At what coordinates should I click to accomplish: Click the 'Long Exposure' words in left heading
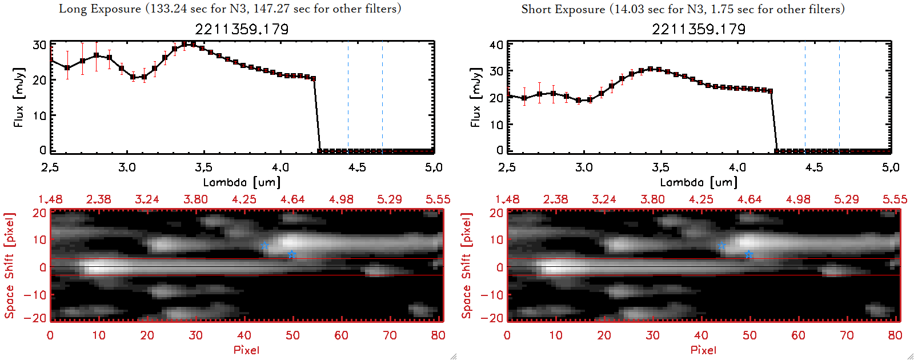[100, 9]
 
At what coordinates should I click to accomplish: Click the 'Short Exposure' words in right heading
[563, 9]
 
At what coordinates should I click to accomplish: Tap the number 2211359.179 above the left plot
[242, 29]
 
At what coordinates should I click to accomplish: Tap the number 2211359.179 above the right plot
[699, 29]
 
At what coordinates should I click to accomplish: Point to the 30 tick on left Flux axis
[39, 45]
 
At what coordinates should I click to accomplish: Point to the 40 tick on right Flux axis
[496, 45]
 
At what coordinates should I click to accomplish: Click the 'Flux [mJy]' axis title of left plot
[19, 97]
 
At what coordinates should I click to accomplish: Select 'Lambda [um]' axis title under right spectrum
[699, 182]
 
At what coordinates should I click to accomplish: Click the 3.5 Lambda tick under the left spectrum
[203, 167]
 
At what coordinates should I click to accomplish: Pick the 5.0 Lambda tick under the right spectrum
[891, 167]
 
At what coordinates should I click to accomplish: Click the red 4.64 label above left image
[292, 199]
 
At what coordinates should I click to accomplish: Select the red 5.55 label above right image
[895, 199]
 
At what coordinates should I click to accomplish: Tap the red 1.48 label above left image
[50, 199]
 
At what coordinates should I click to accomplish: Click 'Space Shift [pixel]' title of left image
[9, 266]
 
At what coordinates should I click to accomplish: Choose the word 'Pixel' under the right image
[703, 350]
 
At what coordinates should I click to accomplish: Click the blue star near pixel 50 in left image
[292, 254]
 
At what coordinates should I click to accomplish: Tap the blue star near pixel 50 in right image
[749, 254]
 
